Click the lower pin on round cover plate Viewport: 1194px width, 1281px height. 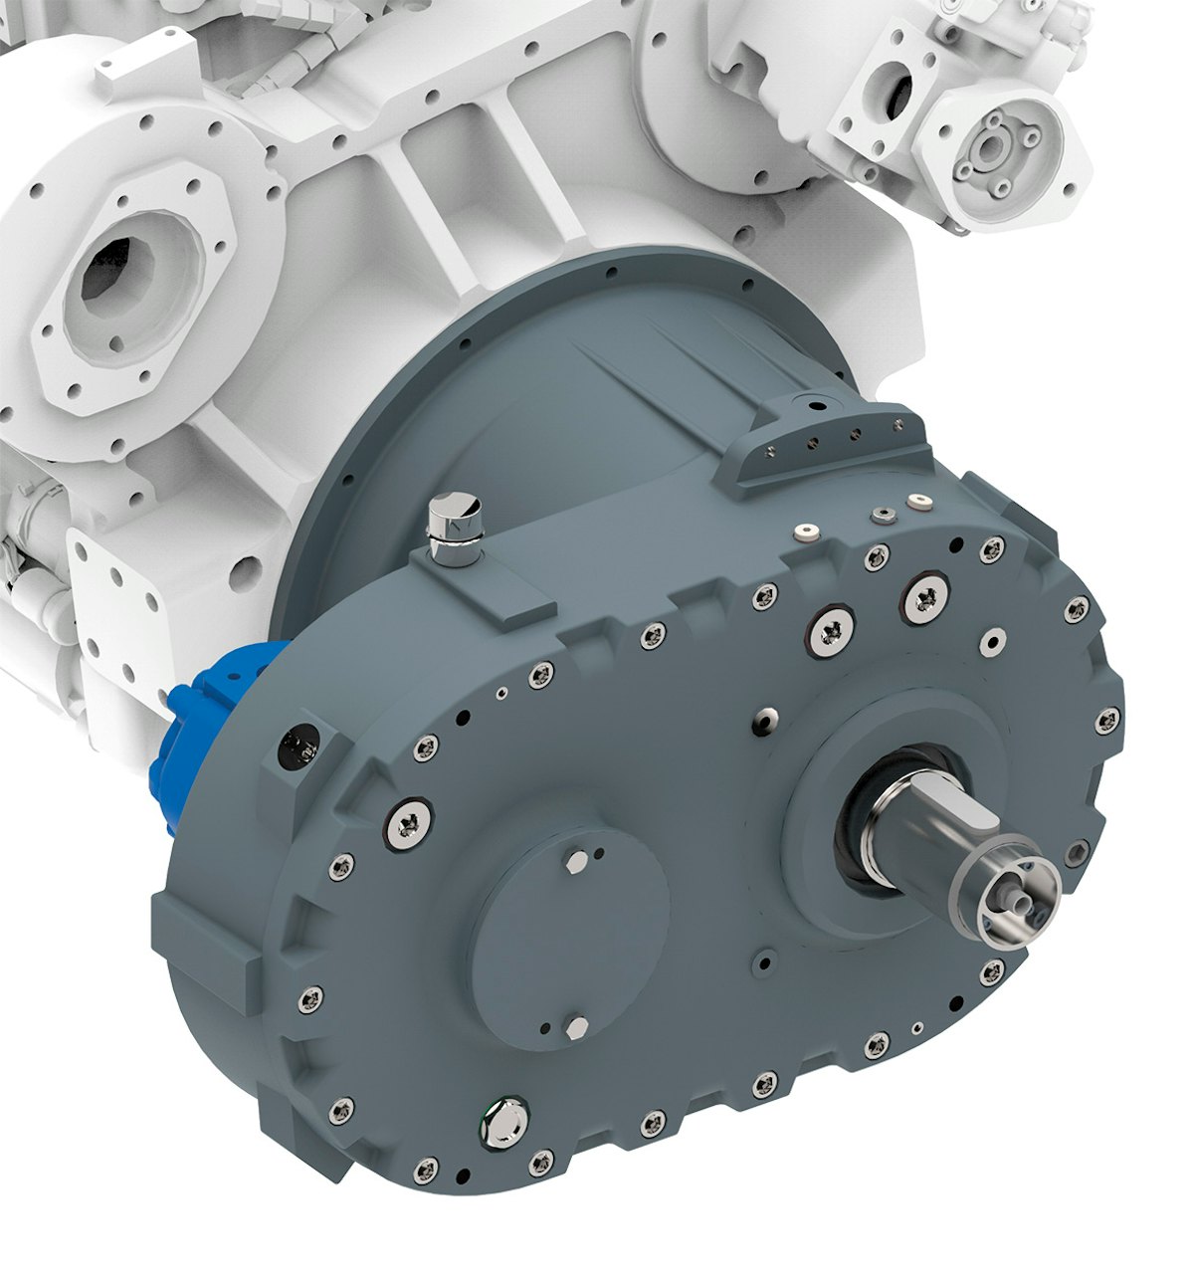point(574,1021)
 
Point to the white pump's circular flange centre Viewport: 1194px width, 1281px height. point(990,148)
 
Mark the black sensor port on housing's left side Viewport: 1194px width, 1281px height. point(298,741)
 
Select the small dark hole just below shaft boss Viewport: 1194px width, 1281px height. point(763,959)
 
